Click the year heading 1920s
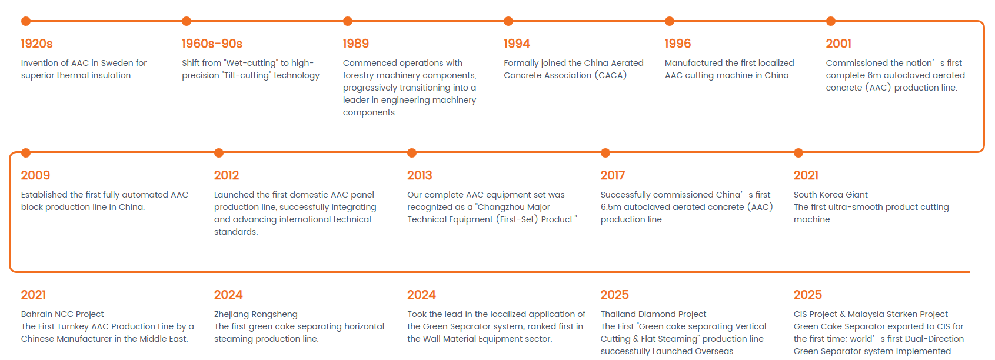(x=37, y=44)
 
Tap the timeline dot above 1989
(x=348, y=21)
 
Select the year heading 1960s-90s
(x=212, y=44)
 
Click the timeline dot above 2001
(x=831, y=21)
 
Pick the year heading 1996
(x=678, y=44)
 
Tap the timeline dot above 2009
(x=26, y=153)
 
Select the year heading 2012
(x=227, y=175)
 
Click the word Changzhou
(x=499, y=207)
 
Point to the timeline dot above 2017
(x=605, y=153)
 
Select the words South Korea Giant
(x=831, y=195)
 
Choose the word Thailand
(x=618, y=314)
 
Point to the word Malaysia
(x=866, y=315)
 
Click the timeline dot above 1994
(x=508, y=21)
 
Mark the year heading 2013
(x=420, y=175)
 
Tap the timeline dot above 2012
(x=218, y=153)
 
